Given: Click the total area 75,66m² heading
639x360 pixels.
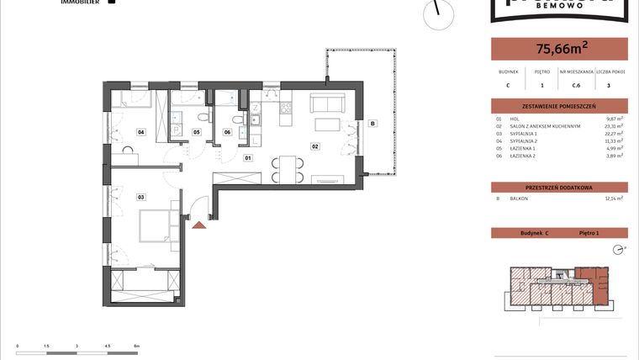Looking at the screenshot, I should (x=558, y=49).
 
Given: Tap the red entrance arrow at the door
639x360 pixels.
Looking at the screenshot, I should (x=199, y=224).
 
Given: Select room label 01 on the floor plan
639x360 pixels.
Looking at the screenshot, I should (x=248, y=157).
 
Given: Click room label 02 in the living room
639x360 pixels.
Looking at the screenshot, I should (x=315, y=146).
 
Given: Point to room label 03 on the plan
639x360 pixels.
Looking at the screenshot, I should (x=141, y=197).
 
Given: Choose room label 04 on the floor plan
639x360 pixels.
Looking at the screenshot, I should (x=141, y=132).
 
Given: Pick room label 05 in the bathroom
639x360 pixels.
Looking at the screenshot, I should (x=197, y=132).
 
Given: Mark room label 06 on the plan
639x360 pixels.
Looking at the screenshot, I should (x=227, y=132).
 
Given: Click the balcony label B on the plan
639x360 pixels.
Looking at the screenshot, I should (x=372, y=124).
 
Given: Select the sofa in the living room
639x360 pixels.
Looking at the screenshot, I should (x=326, y=103).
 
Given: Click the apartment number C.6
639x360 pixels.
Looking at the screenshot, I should (x=578, y=84).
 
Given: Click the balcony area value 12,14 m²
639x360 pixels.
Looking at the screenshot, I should (x=615, y=198).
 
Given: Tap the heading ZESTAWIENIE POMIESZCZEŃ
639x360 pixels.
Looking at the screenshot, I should (x=558, y=106).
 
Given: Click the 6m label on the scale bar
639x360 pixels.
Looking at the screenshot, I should (x=135, y=346).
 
